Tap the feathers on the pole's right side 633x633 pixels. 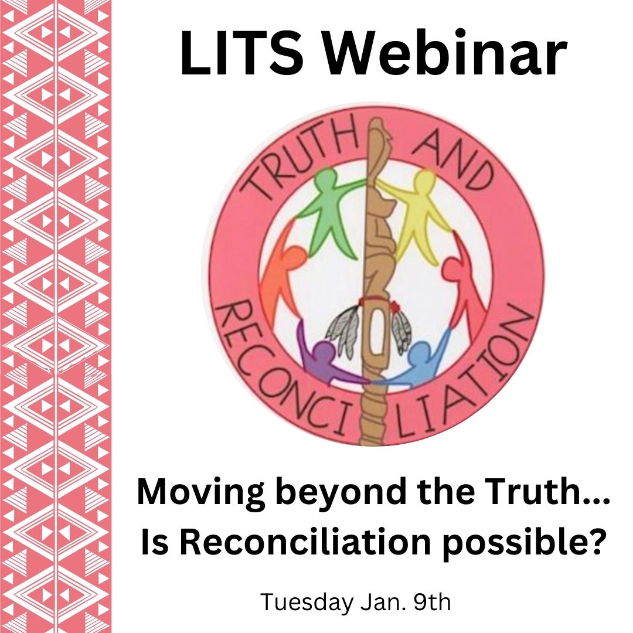400,329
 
